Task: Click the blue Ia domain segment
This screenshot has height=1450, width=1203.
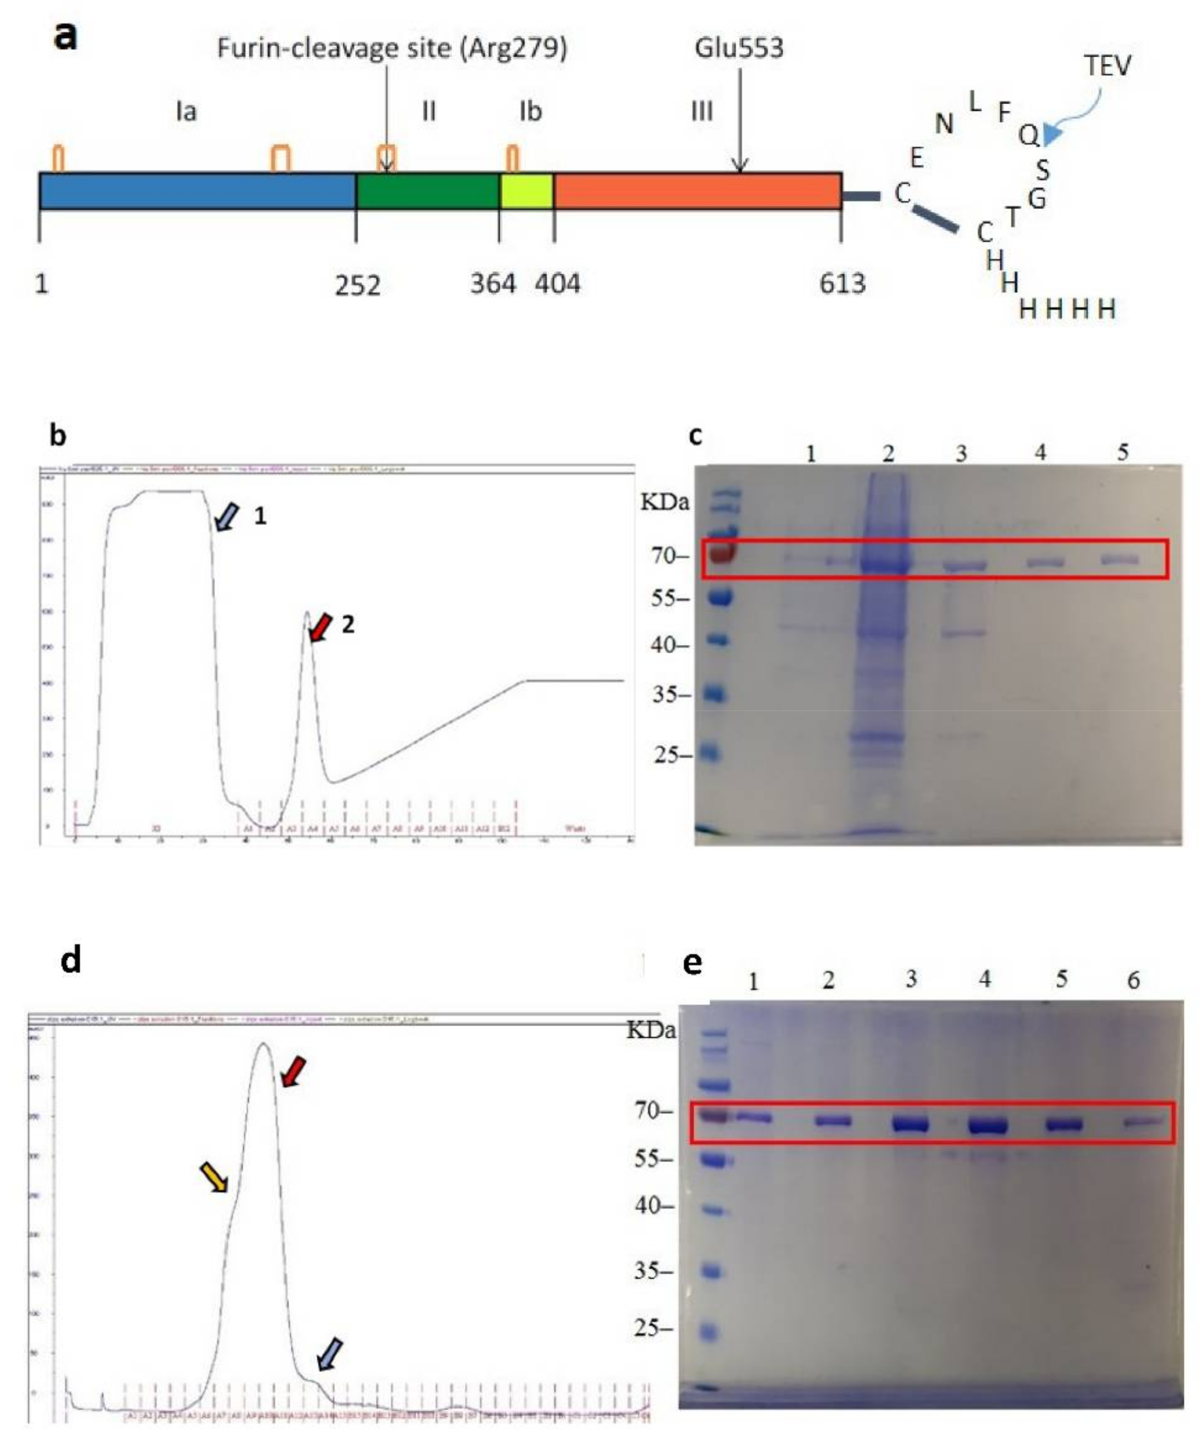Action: pyautogui.click(x=197, y=191)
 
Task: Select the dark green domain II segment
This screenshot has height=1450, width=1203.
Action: pyautogui.click(x=427, y=191)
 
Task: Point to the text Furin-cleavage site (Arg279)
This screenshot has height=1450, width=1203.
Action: pyautogui.click(x=391, y=48)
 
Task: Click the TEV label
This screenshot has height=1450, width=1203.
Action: pyautogui.click(x=1106, y=66)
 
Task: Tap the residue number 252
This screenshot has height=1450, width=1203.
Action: pyautogui.click(x=357, y=285)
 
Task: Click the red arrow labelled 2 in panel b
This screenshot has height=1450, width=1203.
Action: pyautogui.click(x=320, y=627)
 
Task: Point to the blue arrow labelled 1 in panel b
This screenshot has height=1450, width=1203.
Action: pyautogui.click(x=226, y=517)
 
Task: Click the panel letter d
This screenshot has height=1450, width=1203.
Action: pyautogui.click(x=70, y=960)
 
